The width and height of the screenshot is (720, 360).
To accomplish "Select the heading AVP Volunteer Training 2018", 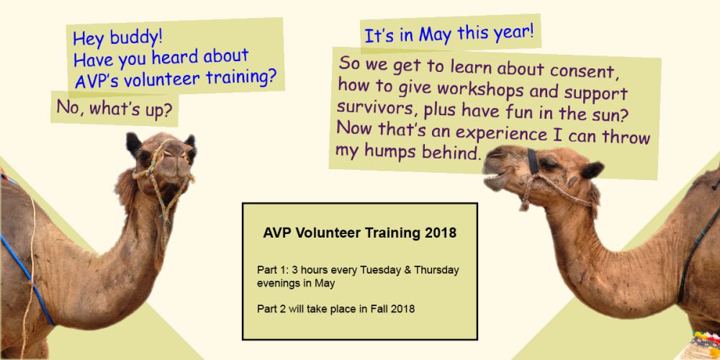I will point(359,233).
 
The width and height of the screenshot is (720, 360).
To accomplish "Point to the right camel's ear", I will point(592,171).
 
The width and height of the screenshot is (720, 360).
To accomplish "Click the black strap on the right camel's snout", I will point(533,162).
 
